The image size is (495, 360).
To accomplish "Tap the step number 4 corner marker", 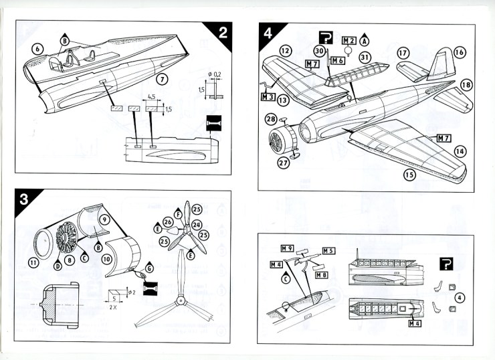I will pyautogui.click(x=268, y=31).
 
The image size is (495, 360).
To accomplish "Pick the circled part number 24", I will pyautogui.click(x=197, y=225).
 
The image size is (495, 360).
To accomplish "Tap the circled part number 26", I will pyautogui.click(x=168, y=221).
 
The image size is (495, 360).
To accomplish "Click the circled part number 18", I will pyautogui.click(x=466, y=84).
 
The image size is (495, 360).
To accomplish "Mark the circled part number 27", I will pyautogui.click(x=283, y=163).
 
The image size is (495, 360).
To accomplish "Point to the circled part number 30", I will pyautogui.click(x=320, y=51).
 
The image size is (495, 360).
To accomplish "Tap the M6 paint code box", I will pyautogui.click(x=337, y=60).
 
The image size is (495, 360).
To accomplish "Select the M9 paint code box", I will pyautogui.click(x=288, y=248).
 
